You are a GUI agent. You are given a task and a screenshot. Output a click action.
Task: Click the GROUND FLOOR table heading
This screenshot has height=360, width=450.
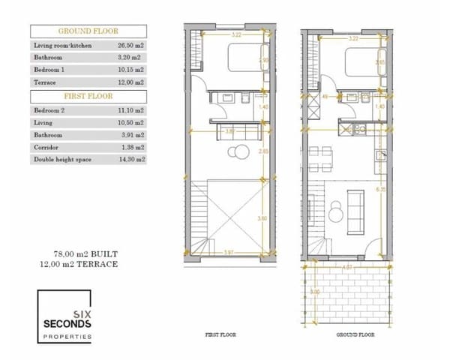click(88, 31)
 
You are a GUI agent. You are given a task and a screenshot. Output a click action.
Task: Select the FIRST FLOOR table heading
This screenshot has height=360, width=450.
click(88, 97)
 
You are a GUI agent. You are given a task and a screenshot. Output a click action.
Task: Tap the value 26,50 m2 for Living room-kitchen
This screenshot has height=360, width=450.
click(130, 45)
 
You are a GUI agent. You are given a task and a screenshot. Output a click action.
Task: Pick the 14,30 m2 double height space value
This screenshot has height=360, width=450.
click(130, 159)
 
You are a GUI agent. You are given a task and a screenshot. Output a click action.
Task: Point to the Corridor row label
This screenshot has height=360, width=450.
click(46, 147)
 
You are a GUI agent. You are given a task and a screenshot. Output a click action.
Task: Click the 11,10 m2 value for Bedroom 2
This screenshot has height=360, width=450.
click(130, 110)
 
